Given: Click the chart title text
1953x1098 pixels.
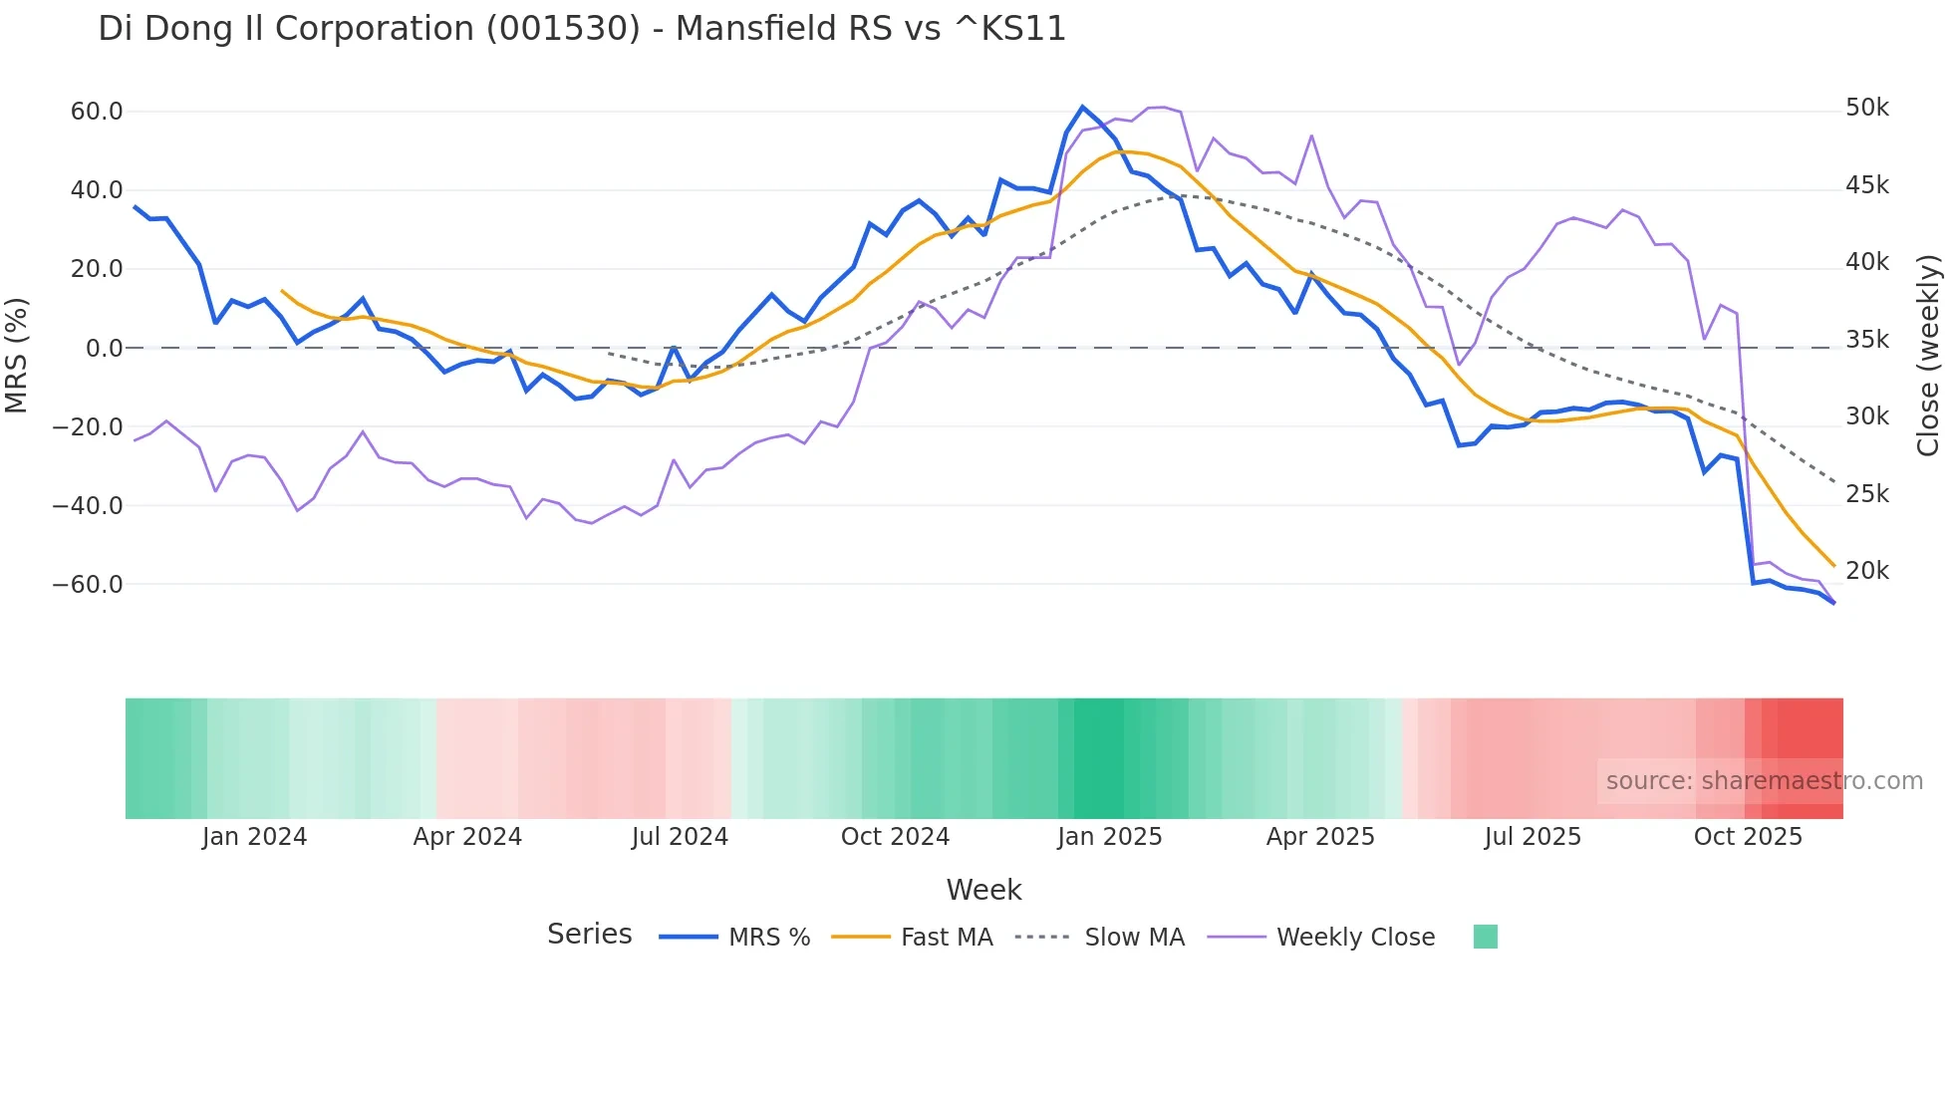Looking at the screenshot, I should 582,29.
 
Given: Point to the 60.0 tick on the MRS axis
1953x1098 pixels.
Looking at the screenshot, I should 97,112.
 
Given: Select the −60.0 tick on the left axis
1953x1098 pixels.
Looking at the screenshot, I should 88,585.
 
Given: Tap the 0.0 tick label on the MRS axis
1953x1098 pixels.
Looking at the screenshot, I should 104,349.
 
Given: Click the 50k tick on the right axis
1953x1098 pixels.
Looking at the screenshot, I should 1866,108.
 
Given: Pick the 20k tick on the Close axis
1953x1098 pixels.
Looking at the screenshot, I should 1866,571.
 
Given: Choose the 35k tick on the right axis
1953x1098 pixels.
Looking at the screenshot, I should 1866,340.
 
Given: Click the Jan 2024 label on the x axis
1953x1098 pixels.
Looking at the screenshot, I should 254,837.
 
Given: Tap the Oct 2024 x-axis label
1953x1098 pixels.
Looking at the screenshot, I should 895,837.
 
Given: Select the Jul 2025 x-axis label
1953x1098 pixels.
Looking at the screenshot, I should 1533,837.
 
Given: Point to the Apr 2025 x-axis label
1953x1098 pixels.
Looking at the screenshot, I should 1320,837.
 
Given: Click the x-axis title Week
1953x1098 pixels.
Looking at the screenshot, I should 983,890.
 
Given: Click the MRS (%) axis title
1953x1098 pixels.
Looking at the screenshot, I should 16,355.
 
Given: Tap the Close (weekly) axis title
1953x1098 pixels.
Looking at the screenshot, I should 1928,355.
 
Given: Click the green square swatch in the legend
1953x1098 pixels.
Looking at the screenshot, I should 1485,937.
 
